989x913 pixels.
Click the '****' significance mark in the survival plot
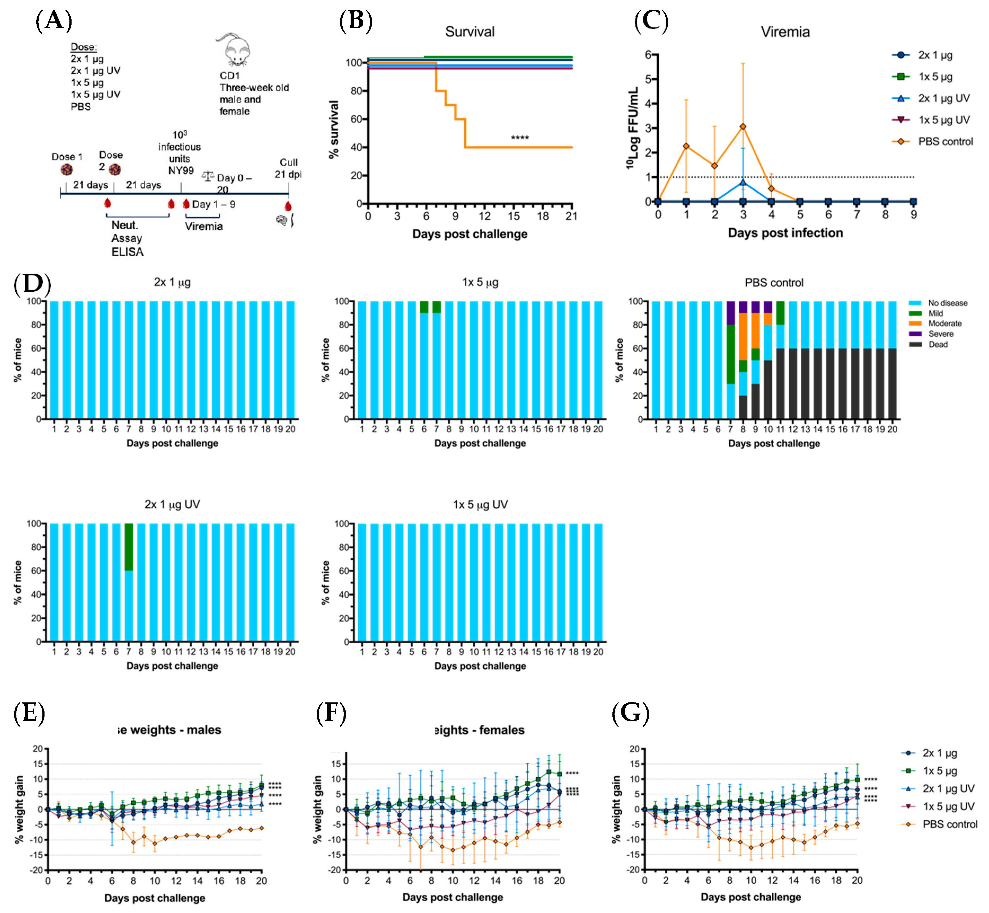[519, 138]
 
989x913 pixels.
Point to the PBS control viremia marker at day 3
[743, 127]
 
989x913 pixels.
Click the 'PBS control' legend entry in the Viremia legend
[945, 142]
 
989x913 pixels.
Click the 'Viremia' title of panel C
[785, 32]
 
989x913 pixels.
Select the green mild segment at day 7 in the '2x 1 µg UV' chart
[129, 547]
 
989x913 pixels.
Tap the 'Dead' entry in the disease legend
[938, 344]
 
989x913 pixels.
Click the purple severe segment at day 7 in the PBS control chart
[731, 313]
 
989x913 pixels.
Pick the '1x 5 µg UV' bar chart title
[480, 504]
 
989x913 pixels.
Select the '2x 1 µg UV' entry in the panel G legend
[948, 789]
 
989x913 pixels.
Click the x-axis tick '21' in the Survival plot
[571, 216]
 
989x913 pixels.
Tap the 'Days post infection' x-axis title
[785, 233]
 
